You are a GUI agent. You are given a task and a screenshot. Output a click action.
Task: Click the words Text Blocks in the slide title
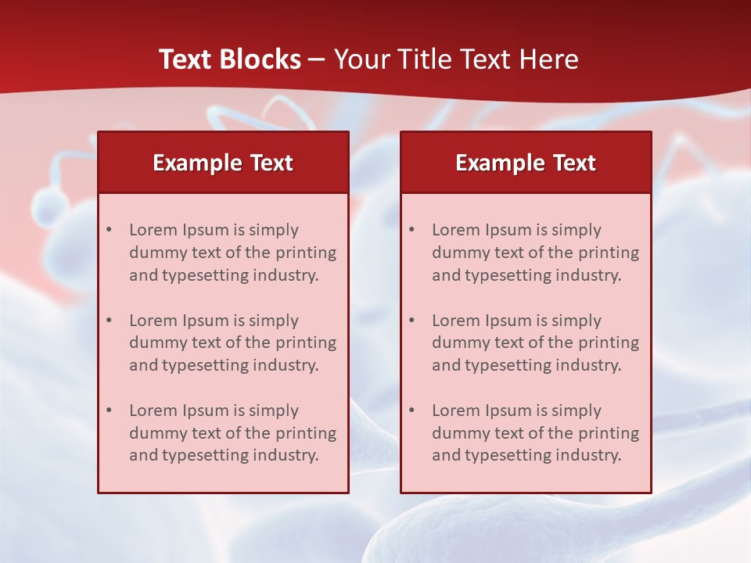pos(230,59)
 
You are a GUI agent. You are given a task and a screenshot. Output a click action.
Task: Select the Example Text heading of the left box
pos(223,163)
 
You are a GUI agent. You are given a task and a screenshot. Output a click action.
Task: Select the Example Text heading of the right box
pos(526,163)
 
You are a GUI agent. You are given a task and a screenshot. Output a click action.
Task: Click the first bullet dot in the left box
pos(110,230)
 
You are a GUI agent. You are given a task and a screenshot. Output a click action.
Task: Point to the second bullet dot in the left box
pos(110,321)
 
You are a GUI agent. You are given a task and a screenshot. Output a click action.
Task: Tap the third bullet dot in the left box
pos(110,411)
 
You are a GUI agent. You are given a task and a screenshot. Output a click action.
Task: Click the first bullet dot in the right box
pos(412,230)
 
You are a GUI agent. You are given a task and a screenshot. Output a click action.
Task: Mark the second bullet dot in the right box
pos(412,321)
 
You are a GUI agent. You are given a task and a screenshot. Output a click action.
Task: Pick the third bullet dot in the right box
pos(412,411)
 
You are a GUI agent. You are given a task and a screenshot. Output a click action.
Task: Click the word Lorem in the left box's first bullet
pos(153,230)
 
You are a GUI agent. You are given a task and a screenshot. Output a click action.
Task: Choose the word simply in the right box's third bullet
pos(577,411)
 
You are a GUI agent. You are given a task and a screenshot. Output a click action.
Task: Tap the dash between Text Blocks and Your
pos(317,59)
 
